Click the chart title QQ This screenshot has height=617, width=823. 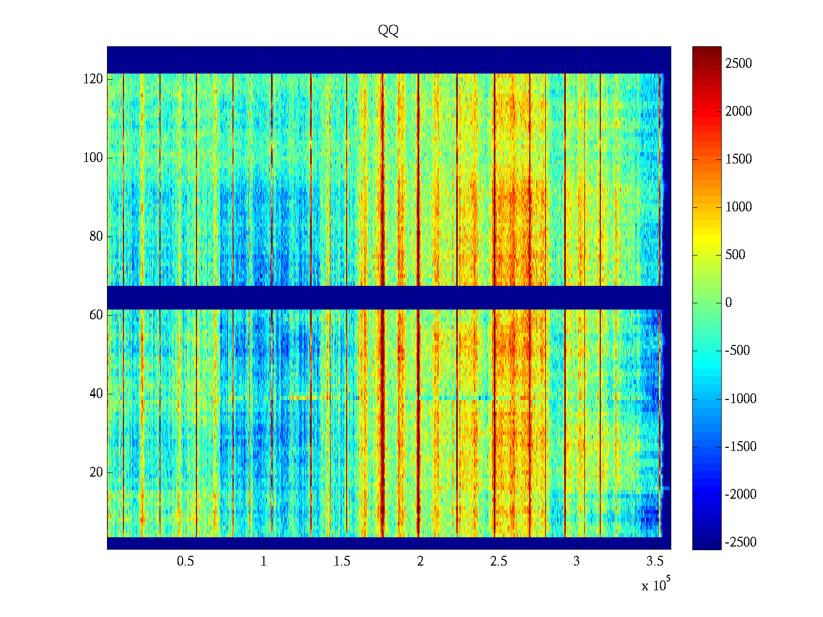coord(388,31)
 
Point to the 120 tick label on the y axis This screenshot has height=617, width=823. coord(93,79)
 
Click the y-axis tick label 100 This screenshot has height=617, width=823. coord(93,158)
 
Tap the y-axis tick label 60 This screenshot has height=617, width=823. coord(96,315)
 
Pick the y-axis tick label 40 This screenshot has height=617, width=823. coord(96,394)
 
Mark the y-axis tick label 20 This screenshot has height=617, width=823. coord(96,473)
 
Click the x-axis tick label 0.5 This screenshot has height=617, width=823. coord(185,561)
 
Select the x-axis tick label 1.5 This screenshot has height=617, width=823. coord(342,561)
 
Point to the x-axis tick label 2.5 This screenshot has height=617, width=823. coord(498,561)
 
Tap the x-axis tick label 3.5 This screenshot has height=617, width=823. coord(655,561)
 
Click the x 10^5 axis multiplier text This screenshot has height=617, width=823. coord(656,585)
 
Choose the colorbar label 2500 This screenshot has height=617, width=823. coord(738,64)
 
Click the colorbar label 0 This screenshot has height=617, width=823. coord(728,303)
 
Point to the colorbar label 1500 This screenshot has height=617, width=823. coord(738,159)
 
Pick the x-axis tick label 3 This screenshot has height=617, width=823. coord(577,561)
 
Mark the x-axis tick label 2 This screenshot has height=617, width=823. coord(420,561)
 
